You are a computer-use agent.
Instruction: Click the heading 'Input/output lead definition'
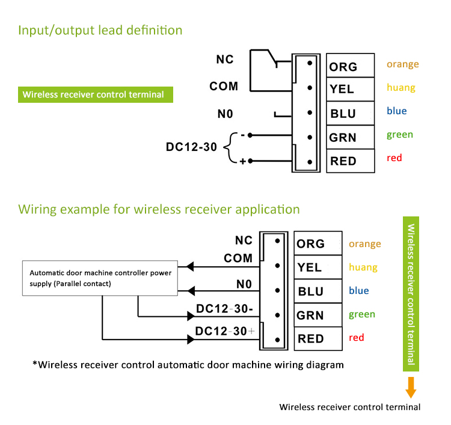100,29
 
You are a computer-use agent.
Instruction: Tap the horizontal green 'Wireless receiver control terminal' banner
95,94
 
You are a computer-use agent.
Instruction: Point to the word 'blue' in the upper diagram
396,111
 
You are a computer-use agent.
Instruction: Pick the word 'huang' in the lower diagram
363,267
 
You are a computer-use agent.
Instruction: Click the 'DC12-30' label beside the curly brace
191,146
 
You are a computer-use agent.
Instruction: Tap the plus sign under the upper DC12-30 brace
243,162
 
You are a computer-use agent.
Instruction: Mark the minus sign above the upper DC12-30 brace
242,135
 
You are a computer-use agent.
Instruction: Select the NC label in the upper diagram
225,60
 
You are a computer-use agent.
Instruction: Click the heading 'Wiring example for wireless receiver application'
159,209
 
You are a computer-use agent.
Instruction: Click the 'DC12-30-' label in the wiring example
224,308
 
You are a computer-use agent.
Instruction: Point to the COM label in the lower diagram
238,258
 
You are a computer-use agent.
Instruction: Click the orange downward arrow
411,388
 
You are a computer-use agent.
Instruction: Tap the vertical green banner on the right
411,295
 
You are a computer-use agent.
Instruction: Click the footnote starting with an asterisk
188,364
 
